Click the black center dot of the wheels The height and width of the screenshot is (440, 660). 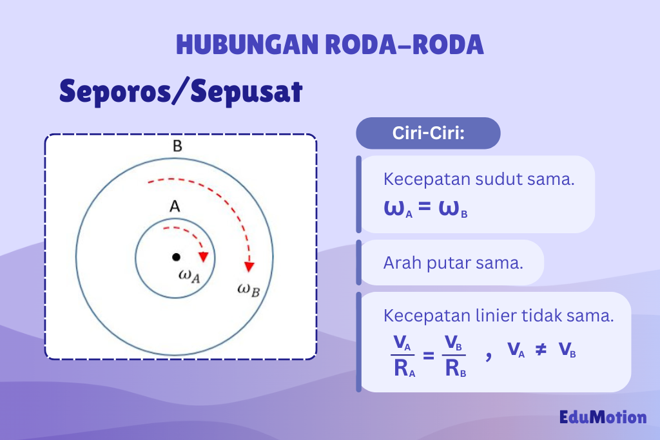[x=176, y=257]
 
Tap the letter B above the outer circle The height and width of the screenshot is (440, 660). [x=177, y=146]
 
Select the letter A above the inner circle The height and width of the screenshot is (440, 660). [x=174, y=207]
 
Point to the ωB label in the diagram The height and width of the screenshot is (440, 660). [x=248, y=289]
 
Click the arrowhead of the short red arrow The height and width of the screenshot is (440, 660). [x=204, y=256]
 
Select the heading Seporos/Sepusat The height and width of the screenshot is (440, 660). [x=181, y=91]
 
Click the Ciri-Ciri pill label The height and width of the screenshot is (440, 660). [x=429, y=133]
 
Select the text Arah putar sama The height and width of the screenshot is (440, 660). [x=452, y=263]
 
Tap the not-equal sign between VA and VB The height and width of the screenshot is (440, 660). [x=541, y=350]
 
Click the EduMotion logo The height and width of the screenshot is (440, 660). [x=603, y=417]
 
